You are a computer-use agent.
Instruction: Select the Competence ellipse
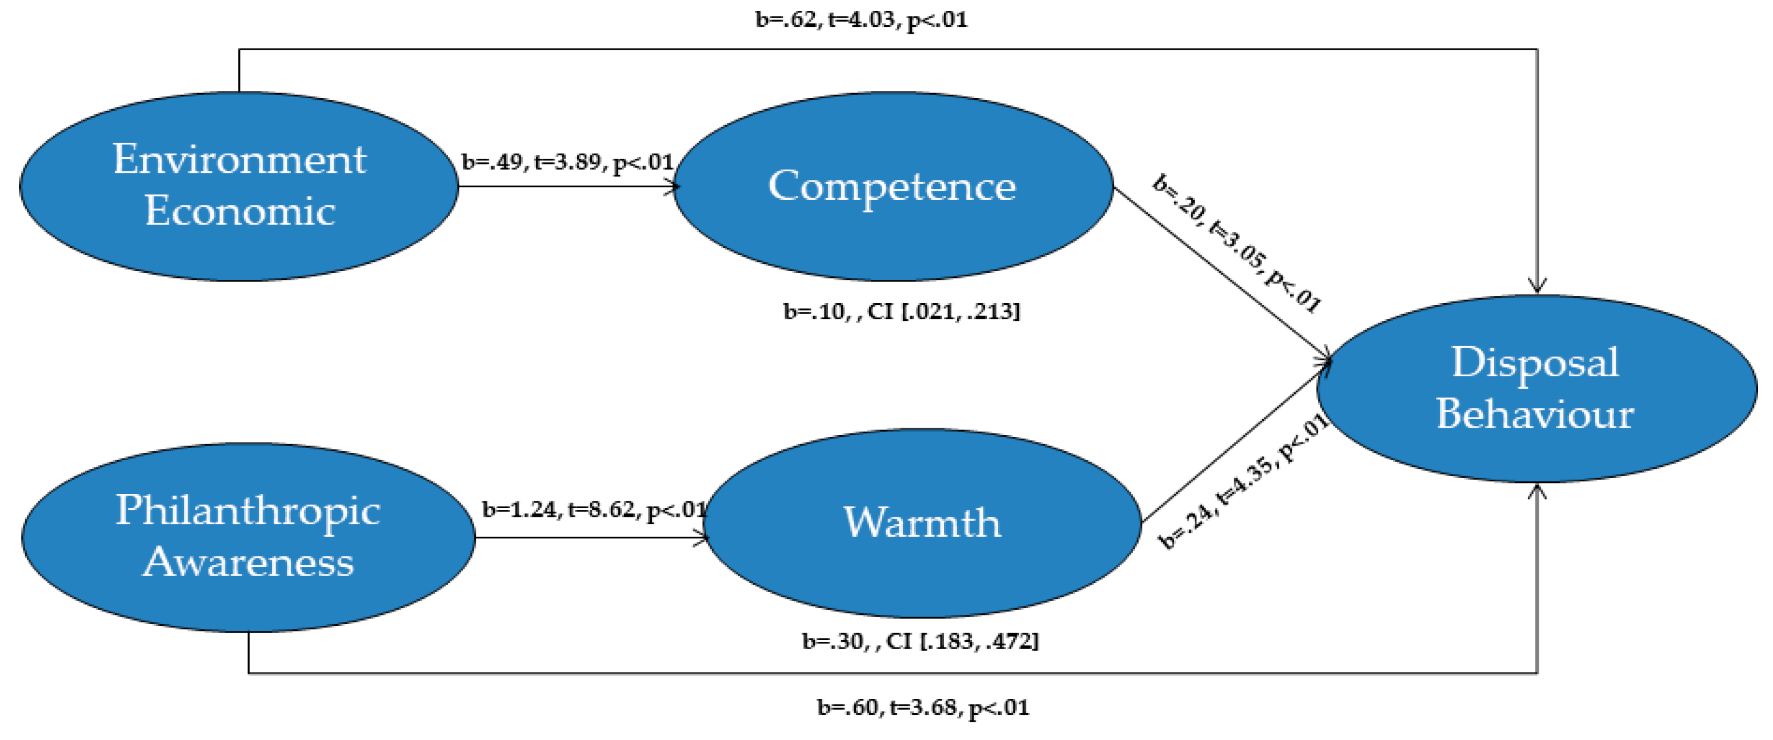tap(892, 234)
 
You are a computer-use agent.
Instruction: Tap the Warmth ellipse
tap(922, 571)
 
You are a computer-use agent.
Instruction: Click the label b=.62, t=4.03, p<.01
tap(861, 19)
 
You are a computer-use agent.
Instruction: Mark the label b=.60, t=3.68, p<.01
tap(923, 707)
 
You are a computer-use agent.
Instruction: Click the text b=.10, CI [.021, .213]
tap(902, 312)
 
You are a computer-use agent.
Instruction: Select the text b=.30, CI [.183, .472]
tap(920, 641)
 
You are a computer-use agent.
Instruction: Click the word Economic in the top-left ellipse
tap(239, 211)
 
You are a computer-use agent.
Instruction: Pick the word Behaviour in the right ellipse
tap(1535, 414)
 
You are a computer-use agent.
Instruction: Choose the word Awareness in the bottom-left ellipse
tap(248, 562)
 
